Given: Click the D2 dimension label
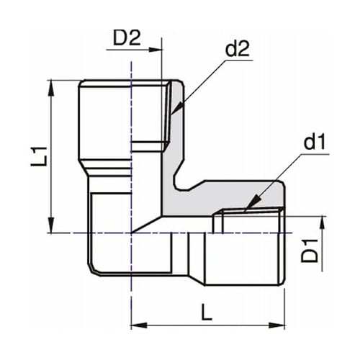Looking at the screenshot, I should pyautogui.click(x=127, y=37).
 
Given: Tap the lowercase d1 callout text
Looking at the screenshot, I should pyautogui.click(x=315, y=142).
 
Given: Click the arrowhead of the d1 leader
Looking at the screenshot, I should pyautogui.click(x=246, y=209).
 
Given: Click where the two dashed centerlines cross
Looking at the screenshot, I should pyautogui.click(x=131, y=233).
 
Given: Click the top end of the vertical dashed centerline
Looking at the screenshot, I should pyautogui.click(x=131, y=62).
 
